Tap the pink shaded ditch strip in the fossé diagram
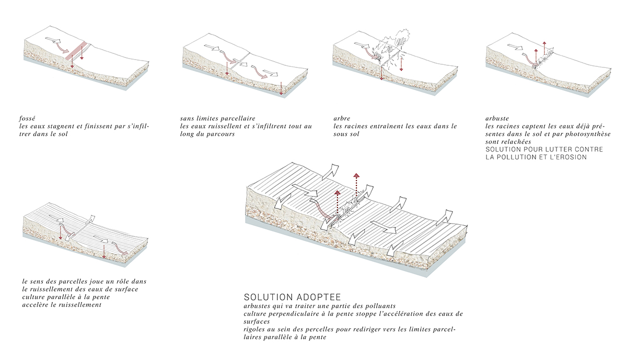[77, 51]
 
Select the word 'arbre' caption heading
[342, 118]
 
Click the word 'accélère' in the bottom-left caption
[37, 305]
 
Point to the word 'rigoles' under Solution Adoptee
[255, 330]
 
